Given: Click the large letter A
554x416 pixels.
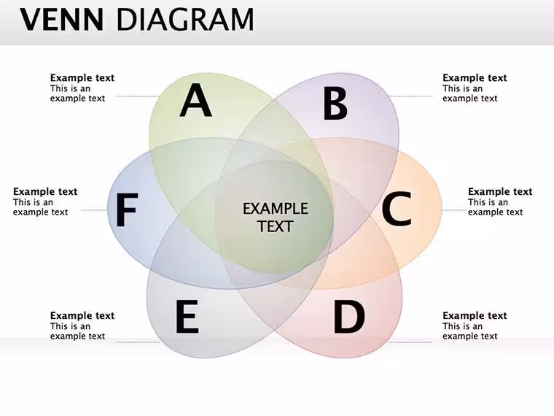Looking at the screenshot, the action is [196, 101].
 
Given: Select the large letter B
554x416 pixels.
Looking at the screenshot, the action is [335, 104].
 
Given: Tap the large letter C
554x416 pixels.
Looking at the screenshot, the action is [397, 208].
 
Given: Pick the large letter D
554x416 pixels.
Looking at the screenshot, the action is [349, 316].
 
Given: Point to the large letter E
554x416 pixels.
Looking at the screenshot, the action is [187, 316].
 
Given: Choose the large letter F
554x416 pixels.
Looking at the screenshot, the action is [127, 210].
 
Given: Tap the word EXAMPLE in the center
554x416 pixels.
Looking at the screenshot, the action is [276, 209].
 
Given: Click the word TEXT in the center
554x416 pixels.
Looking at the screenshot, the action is [276, 226].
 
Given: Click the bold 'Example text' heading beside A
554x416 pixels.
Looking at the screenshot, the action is [82, 78].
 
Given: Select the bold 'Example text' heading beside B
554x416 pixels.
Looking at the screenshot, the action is [475, 78].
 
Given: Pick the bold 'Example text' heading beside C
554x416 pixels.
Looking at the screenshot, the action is [500, 192].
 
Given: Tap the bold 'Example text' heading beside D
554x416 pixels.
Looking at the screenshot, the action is [475, 315].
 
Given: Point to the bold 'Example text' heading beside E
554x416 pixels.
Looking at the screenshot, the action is [82, 315].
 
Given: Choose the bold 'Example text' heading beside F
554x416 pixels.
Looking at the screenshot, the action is [45, 192].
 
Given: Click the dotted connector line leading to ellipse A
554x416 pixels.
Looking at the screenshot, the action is [138, 96].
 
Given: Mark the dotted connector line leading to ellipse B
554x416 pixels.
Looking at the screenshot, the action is [410, 96].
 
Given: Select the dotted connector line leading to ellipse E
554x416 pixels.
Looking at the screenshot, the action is [138, 342].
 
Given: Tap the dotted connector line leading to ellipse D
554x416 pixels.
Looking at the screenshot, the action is [410, 342].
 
